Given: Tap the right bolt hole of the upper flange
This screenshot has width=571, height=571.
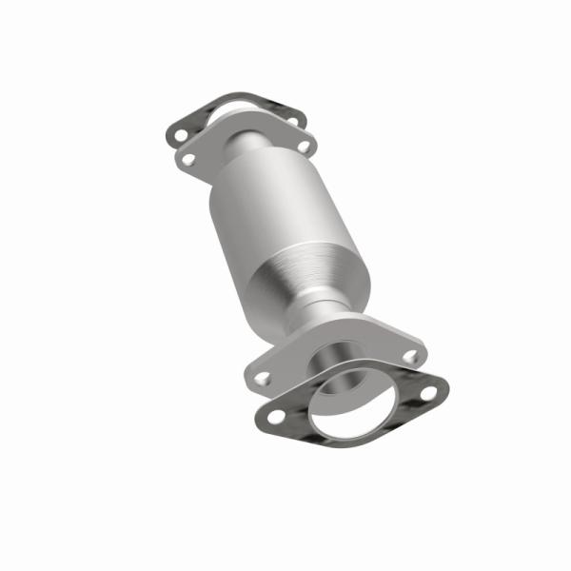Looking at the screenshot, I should tap(303, 147).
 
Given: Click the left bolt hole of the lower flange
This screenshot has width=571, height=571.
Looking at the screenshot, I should tap(263, 377).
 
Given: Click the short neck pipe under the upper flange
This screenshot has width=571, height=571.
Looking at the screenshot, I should tap(249, 148).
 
